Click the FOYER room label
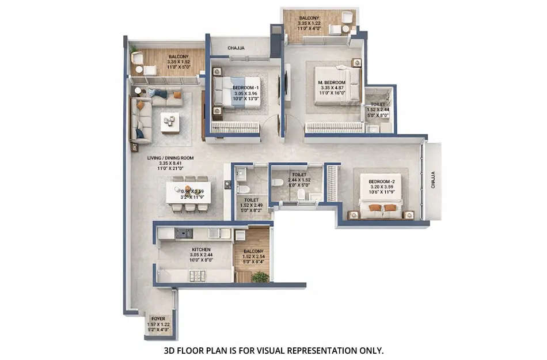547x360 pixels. (x=158, y=318)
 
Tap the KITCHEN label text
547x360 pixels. (x=202, y=249)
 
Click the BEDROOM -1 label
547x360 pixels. (x=246, y=87)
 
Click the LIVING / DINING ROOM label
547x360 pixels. (x=170, y=157)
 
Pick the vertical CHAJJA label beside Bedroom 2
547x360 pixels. (x=433, y=179)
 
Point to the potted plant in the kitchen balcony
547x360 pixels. (x=260, y=276)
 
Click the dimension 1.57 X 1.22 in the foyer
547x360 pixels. (x=158, y=324)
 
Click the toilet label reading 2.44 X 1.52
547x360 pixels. (x=298, y=180)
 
